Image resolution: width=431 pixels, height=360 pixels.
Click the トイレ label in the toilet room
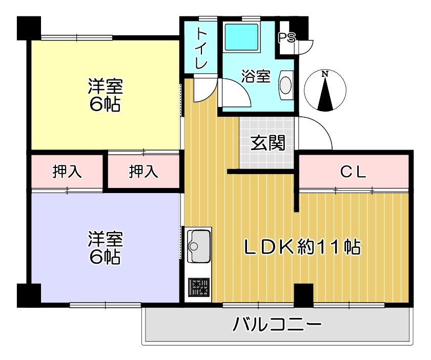point(201,49)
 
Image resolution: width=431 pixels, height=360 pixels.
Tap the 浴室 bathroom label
point(256,76)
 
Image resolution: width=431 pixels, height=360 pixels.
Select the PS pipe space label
point(287,37)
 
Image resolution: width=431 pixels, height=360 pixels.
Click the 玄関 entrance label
point(268,143)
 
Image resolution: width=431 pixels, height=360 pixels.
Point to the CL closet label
point(354,172)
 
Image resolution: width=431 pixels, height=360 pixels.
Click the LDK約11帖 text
point(302,247)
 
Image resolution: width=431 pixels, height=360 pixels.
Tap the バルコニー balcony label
point(277,325)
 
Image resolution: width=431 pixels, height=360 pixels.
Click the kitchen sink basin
point(199,246)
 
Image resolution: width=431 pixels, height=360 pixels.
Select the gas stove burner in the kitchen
point(199,287)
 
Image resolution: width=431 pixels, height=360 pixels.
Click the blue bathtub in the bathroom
point(242,37)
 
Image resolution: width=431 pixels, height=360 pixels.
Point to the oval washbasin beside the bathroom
point(285,85)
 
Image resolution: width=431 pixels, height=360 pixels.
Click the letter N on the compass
point(325,74)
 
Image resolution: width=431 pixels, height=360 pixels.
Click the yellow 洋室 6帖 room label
point(105,95)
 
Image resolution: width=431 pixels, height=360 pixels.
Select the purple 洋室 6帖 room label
point(105,248)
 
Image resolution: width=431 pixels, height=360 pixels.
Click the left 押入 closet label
point(67,172)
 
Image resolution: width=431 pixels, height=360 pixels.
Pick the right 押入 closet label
point(143,172)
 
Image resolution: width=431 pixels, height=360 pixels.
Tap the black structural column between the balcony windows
point(303,295)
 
